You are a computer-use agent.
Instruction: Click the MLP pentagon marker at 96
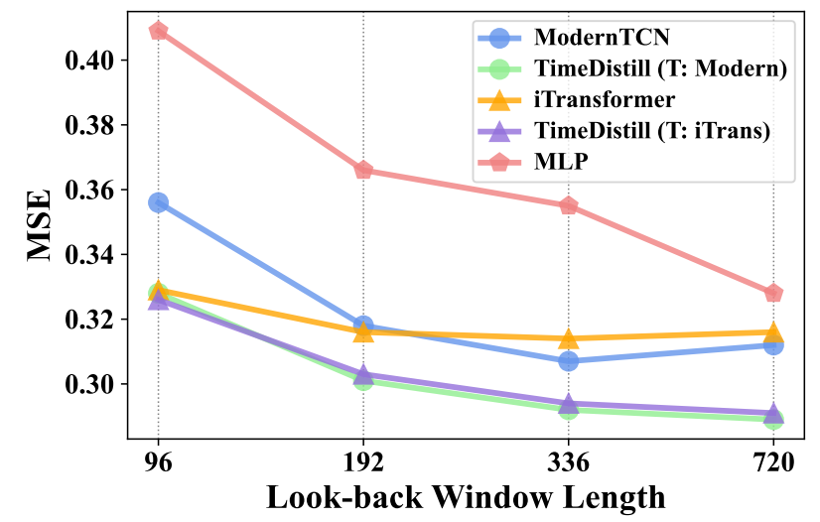(x=158, y=31)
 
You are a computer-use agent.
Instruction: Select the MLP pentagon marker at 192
(x=363, y=170)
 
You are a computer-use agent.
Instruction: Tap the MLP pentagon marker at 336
(x=569, y=205)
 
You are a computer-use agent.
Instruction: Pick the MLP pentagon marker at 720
(x=773, y=293)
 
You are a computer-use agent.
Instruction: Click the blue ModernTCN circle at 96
(x=158, y=202)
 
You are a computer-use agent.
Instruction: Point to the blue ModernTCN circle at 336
(x=569, y=361)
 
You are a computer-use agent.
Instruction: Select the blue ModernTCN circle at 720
(x=773, y=345)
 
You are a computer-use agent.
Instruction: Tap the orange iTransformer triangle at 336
(x=569, y=337)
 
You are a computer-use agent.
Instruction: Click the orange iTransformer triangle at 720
(x=773, y=331)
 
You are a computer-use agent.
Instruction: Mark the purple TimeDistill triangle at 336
(x=569, y=403)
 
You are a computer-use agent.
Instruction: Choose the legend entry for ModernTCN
(x=602, y=38)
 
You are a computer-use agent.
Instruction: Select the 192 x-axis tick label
(x=363, y=462)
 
